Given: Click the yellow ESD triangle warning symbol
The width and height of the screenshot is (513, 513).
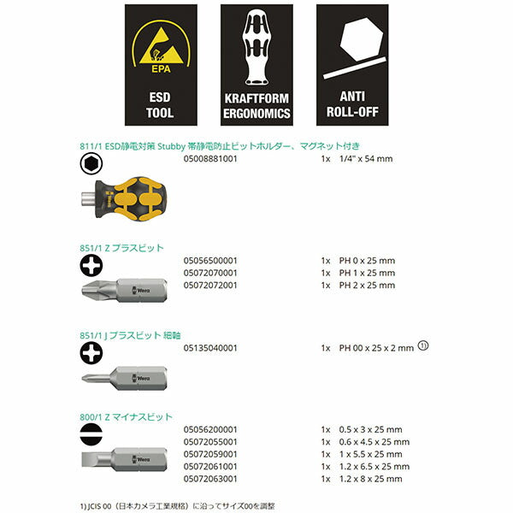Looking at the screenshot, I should click(x=160, y=46).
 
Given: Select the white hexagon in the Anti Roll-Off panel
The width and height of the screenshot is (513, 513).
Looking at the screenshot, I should click(x=355, y=43).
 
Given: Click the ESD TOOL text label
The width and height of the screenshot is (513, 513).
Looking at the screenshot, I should click(x=160, y=103).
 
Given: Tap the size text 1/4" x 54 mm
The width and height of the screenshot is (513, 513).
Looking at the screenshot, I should click(x=366, y=159).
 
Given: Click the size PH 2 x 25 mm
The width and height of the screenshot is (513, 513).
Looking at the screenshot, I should click(x=367, y=285).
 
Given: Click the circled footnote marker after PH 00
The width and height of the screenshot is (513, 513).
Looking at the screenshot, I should click(x=422, y=346).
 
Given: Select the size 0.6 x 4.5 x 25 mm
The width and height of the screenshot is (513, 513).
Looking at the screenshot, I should click(x=374, y=441).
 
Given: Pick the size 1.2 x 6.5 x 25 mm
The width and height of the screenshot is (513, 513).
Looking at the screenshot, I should click(x=374, y=466).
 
